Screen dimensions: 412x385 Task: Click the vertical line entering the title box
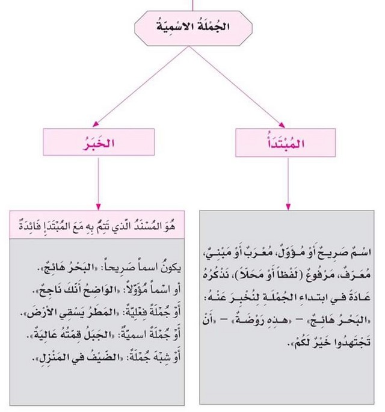point(192,5)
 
